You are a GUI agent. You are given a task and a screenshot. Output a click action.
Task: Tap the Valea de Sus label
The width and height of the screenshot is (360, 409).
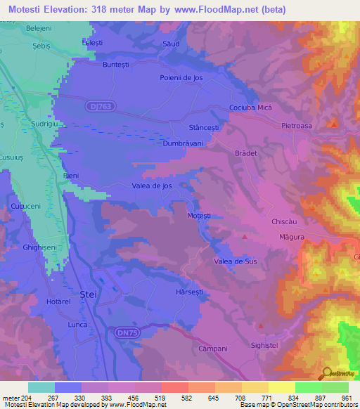[x=236, y=261]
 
